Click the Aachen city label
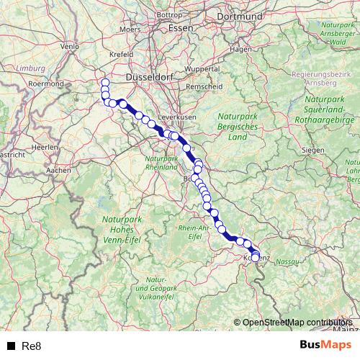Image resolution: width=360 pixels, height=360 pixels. (x=58, y=171)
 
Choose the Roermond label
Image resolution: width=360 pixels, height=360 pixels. (x=46, y=84)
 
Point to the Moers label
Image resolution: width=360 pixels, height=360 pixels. (x=130, y=30)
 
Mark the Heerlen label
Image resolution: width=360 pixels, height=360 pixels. (x=46, y=147)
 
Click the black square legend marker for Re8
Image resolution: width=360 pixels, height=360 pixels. (x=11, y=346)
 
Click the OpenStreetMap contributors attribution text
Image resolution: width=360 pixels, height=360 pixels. (x=297, y=323)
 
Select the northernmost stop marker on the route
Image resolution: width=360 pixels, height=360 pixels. (x=105, y=82)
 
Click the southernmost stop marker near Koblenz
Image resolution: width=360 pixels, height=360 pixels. (x=255, y=257)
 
